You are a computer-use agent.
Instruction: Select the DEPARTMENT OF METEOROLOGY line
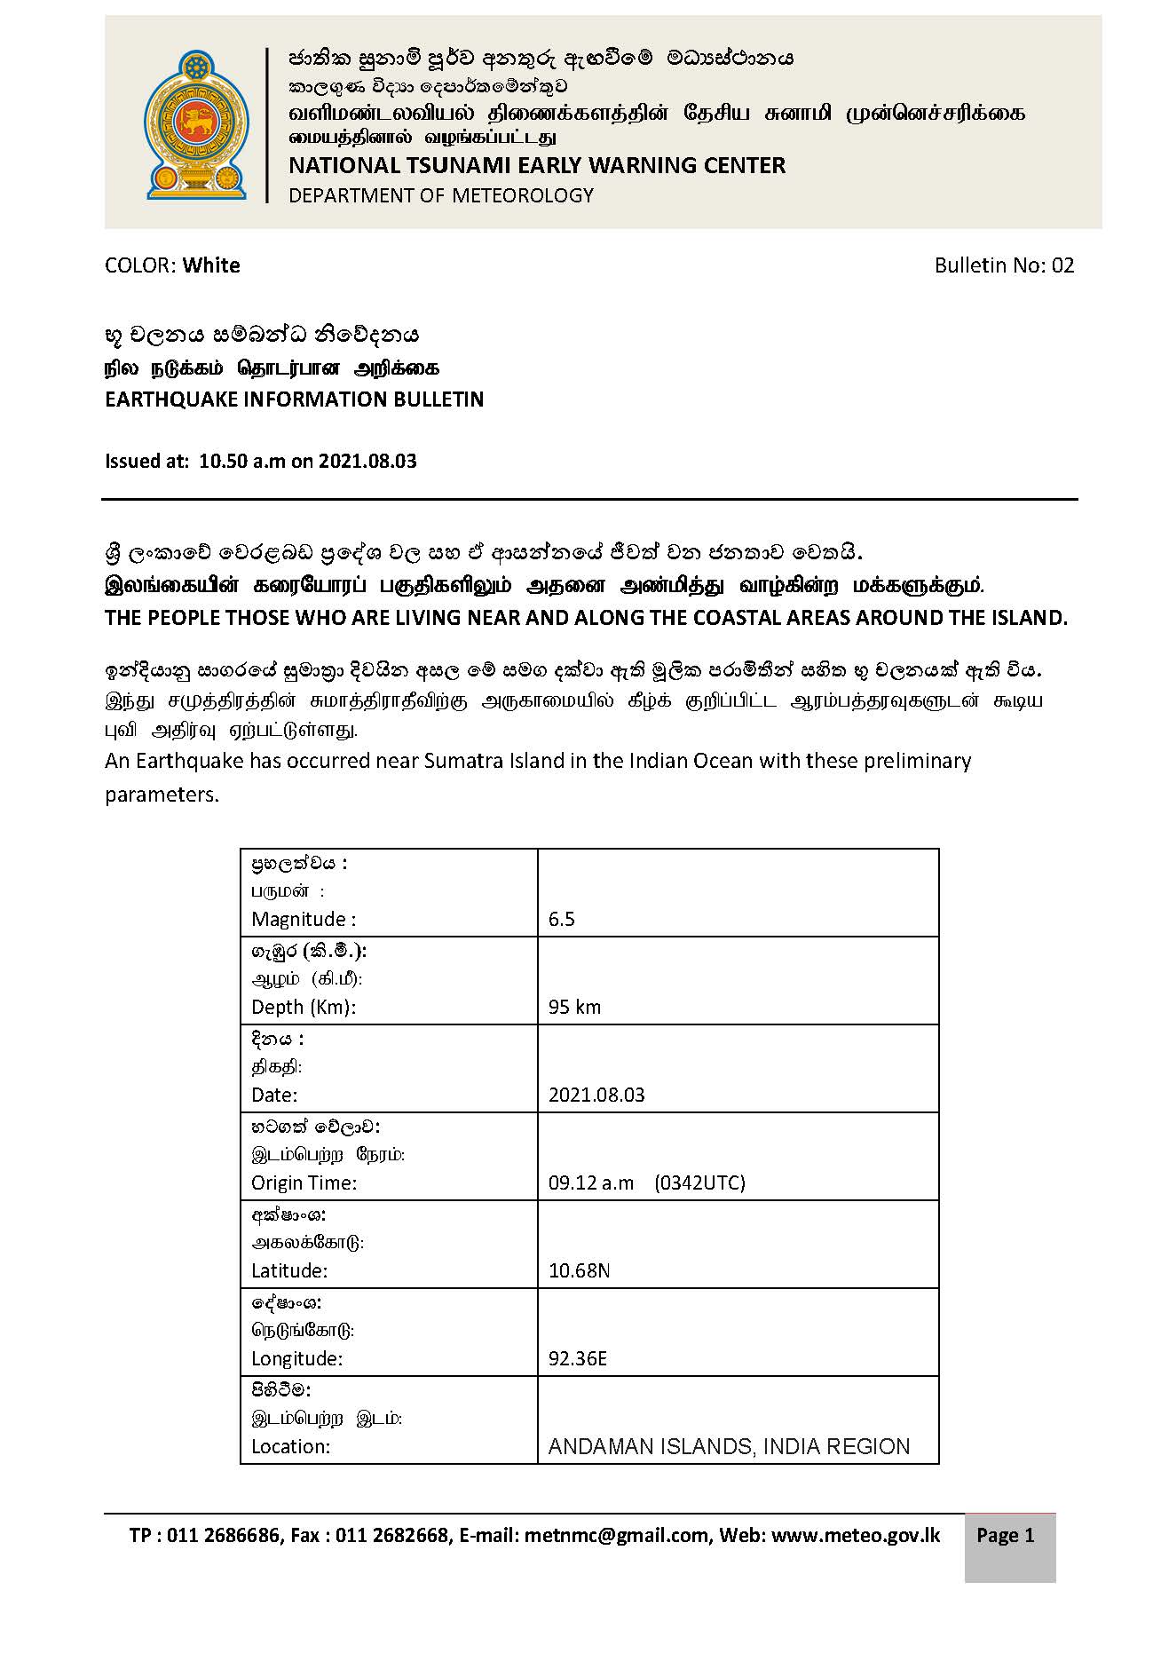[x=440, y=195]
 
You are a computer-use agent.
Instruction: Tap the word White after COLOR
[x=211, y=265]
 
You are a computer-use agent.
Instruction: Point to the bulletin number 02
[x=1062, y=265]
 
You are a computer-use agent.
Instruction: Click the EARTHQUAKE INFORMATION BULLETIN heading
[x=294, y=399]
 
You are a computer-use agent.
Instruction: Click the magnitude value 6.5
[x=562, y=919]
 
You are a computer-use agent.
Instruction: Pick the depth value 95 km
[x=574, y=1007]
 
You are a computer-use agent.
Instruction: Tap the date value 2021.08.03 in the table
[x=596, y=1095]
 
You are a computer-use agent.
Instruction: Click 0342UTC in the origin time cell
[x=699, y=1182]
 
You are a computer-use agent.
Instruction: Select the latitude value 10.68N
[x=579, y=1270]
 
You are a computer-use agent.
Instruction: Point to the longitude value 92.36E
[x=578, y=1358]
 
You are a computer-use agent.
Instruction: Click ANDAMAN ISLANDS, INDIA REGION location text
[x=729, y=1446]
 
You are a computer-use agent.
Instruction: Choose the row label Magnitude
[x=303, y=919]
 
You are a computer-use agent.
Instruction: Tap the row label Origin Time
[x=304, y=1182]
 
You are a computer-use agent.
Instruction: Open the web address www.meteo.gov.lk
[x=856, y=1536]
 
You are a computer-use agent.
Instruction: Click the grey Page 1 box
[x=1009, y=1547]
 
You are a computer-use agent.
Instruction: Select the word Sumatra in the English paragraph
[x=461, y=761]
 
